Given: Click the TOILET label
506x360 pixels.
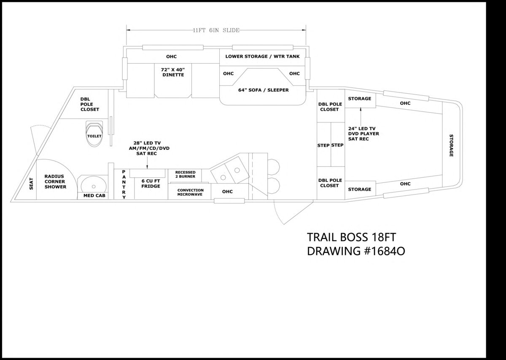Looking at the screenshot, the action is (94, 136).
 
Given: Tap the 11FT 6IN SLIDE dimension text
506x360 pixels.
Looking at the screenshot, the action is (216, 30).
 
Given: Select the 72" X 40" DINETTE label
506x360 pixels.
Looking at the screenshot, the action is (173, 72).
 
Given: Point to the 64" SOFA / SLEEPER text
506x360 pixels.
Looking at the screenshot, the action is (264, 90).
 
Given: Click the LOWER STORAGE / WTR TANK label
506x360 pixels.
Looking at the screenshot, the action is (262, 56).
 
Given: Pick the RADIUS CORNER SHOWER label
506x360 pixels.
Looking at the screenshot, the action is (55, 181).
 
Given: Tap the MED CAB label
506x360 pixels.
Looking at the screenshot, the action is (94, 195).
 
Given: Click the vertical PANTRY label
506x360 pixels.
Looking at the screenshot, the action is (124, 185).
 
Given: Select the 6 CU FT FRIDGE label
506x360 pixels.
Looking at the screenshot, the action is (151, 184).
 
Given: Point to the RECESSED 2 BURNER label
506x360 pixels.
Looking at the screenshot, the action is (185, 174).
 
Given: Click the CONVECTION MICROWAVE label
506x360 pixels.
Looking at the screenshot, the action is (190, 192).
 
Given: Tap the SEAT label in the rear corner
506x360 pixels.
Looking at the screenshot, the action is (31, 184).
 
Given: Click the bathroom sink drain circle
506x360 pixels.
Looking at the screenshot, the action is (94, 187).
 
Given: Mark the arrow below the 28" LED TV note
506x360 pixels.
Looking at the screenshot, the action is (147, 163).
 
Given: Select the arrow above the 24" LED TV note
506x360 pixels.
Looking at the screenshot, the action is (361, 116).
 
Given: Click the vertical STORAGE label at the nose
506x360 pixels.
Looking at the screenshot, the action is (451, 146).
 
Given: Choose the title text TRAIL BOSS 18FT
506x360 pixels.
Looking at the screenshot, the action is (351, 237).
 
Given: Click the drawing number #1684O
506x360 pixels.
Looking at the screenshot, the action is (385, 251).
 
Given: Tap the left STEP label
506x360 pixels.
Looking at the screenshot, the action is (323, 146).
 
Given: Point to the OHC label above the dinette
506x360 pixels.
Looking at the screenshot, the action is (172, 57).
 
